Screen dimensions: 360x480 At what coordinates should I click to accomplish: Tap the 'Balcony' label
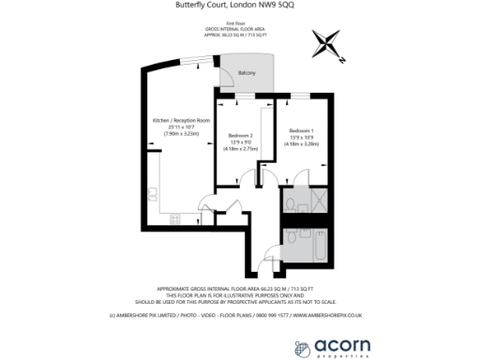click(x=247, y=72)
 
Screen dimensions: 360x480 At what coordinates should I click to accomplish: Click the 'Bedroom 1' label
click(x=301, y=128)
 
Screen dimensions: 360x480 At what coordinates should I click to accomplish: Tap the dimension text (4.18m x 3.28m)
click(x=301, y=143)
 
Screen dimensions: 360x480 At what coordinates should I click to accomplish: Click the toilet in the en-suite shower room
click(x=292, y=203)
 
